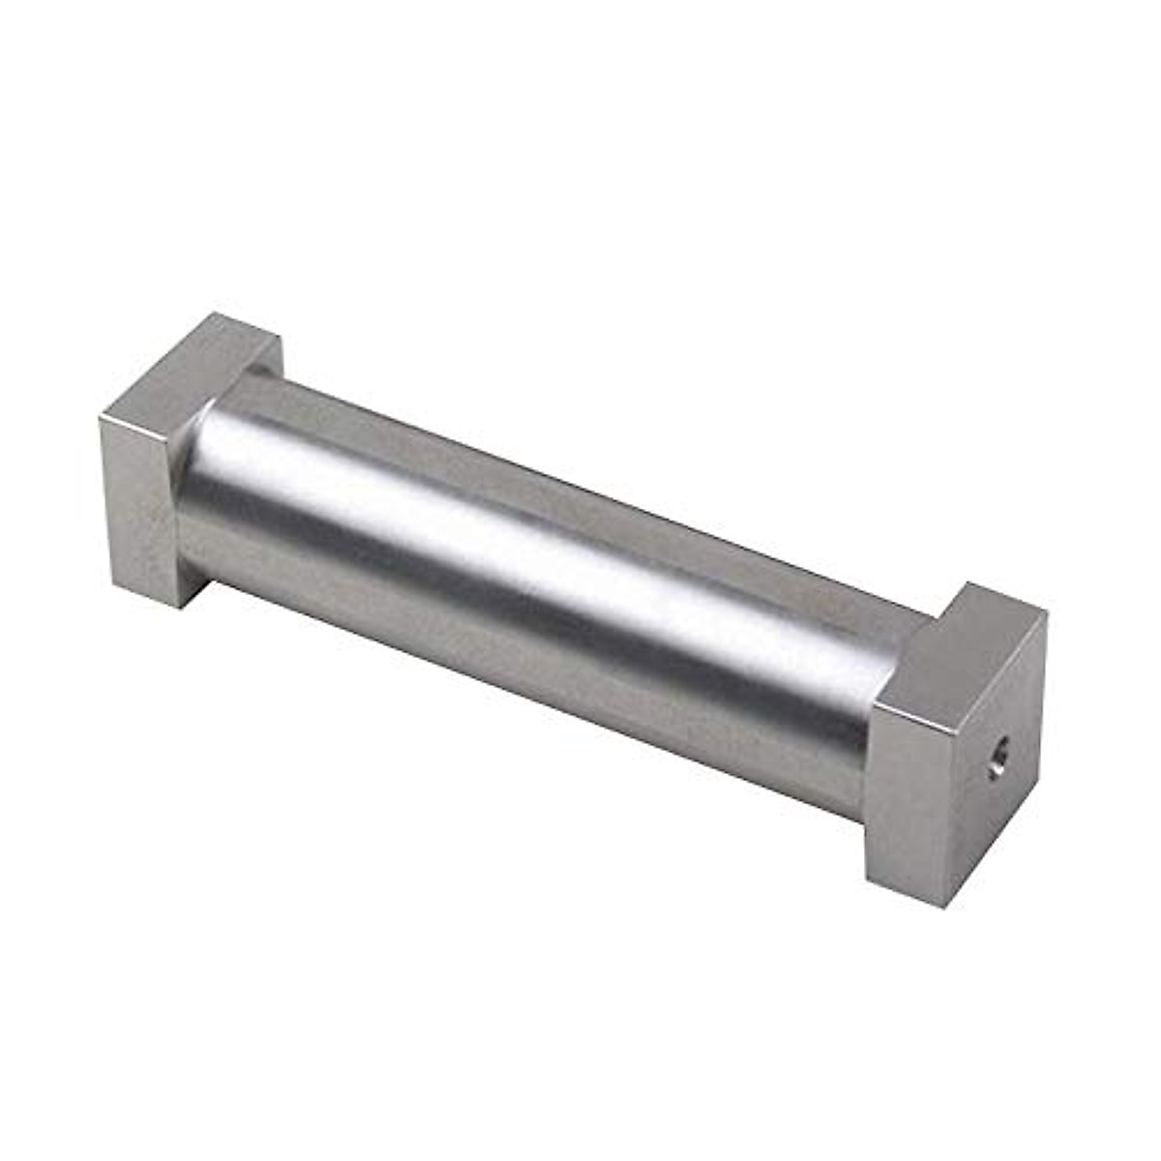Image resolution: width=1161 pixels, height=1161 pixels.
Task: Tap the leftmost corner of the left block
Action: pyautogui.click(x=100, y=417)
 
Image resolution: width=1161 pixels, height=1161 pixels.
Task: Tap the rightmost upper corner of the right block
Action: pyautogui.click(x=1046, y=618)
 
